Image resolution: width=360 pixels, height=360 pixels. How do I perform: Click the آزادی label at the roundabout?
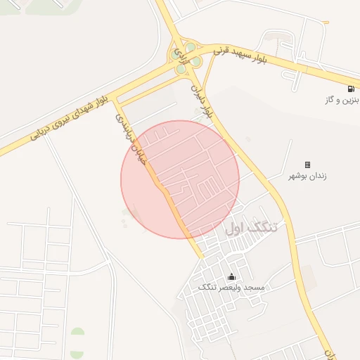[x=181, y=52]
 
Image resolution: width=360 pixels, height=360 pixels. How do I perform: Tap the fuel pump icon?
[x=350, y=89]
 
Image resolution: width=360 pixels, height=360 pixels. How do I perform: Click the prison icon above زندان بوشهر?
[x=307, y=164]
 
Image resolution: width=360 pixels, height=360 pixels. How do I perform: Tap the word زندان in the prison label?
[x=319, y=175]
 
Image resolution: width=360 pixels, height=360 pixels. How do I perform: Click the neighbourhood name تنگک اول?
[x=252, y=228]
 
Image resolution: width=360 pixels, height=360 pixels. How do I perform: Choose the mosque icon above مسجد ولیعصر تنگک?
[x=231, y=276]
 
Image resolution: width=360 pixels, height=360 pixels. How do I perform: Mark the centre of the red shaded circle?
[x=180, y=179]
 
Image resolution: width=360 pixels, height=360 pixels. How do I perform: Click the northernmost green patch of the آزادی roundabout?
[x=190, y=47]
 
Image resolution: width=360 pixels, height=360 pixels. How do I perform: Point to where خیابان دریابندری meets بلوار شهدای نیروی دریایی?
[x=115, y=100]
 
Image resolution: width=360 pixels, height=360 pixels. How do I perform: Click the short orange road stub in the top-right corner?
[x=326, y=22]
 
